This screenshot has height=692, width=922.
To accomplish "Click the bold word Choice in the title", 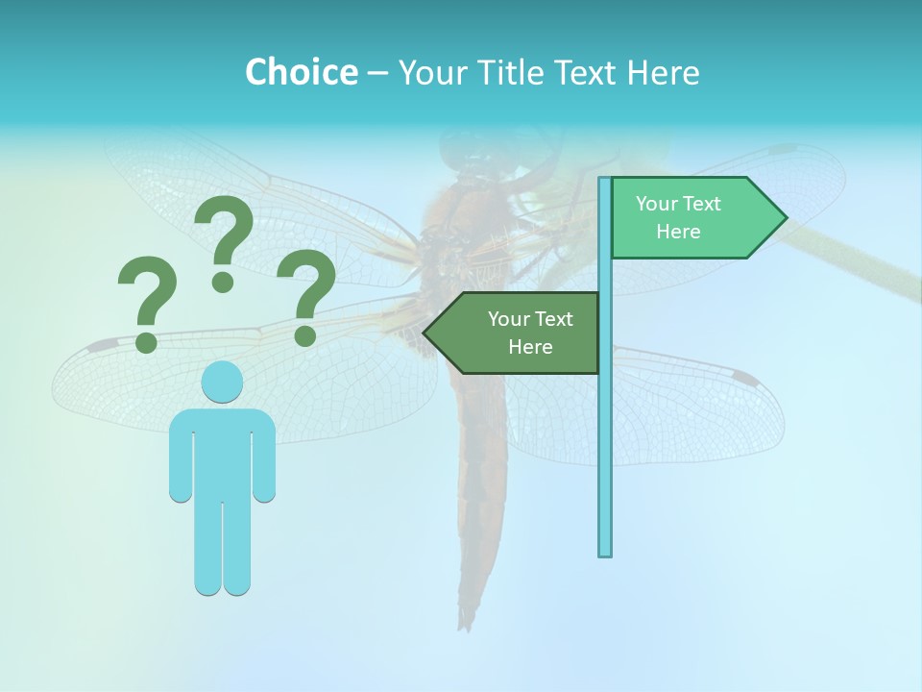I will pyautogui.click(x=301, y=72).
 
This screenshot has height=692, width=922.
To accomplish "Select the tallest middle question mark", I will pyautogui.click(x=224, y=240).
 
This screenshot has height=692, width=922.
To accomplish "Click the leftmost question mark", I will pyautogui.click(x=147, y=302).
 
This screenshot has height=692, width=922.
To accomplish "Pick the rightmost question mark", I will pyautogui.click(x=306, y=296).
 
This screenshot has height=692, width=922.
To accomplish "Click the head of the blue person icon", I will pyautogui.click(x=222, y=383).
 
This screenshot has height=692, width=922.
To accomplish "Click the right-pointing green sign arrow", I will pyautogui.click(x=691, y=218).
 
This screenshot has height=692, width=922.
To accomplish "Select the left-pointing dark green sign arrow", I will pyautogui.click(x=519, y=333).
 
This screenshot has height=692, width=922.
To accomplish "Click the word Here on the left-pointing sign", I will pyautogui.click(x=530, y=347).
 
